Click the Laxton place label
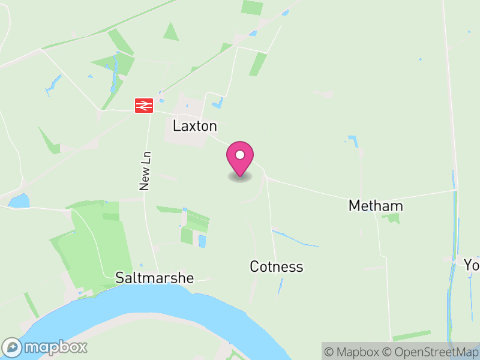[x=194, y=126]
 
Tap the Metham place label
[x=376, y=206]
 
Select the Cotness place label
[x=276, y=266]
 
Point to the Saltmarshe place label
[x=155, y=278]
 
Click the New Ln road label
[x=145, y=171]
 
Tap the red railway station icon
[x=144, y=105]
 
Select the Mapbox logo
[x=46, y=347]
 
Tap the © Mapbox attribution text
[x=353, y=352]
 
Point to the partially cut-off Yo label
[x=472, y=264]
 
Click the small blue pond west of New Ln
[x=19, y=201]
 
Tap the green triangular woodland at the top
[x=171, y=32]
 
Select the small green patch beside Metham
[x=393, y=218]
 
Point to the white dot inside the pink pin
[x=240, y=155]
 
